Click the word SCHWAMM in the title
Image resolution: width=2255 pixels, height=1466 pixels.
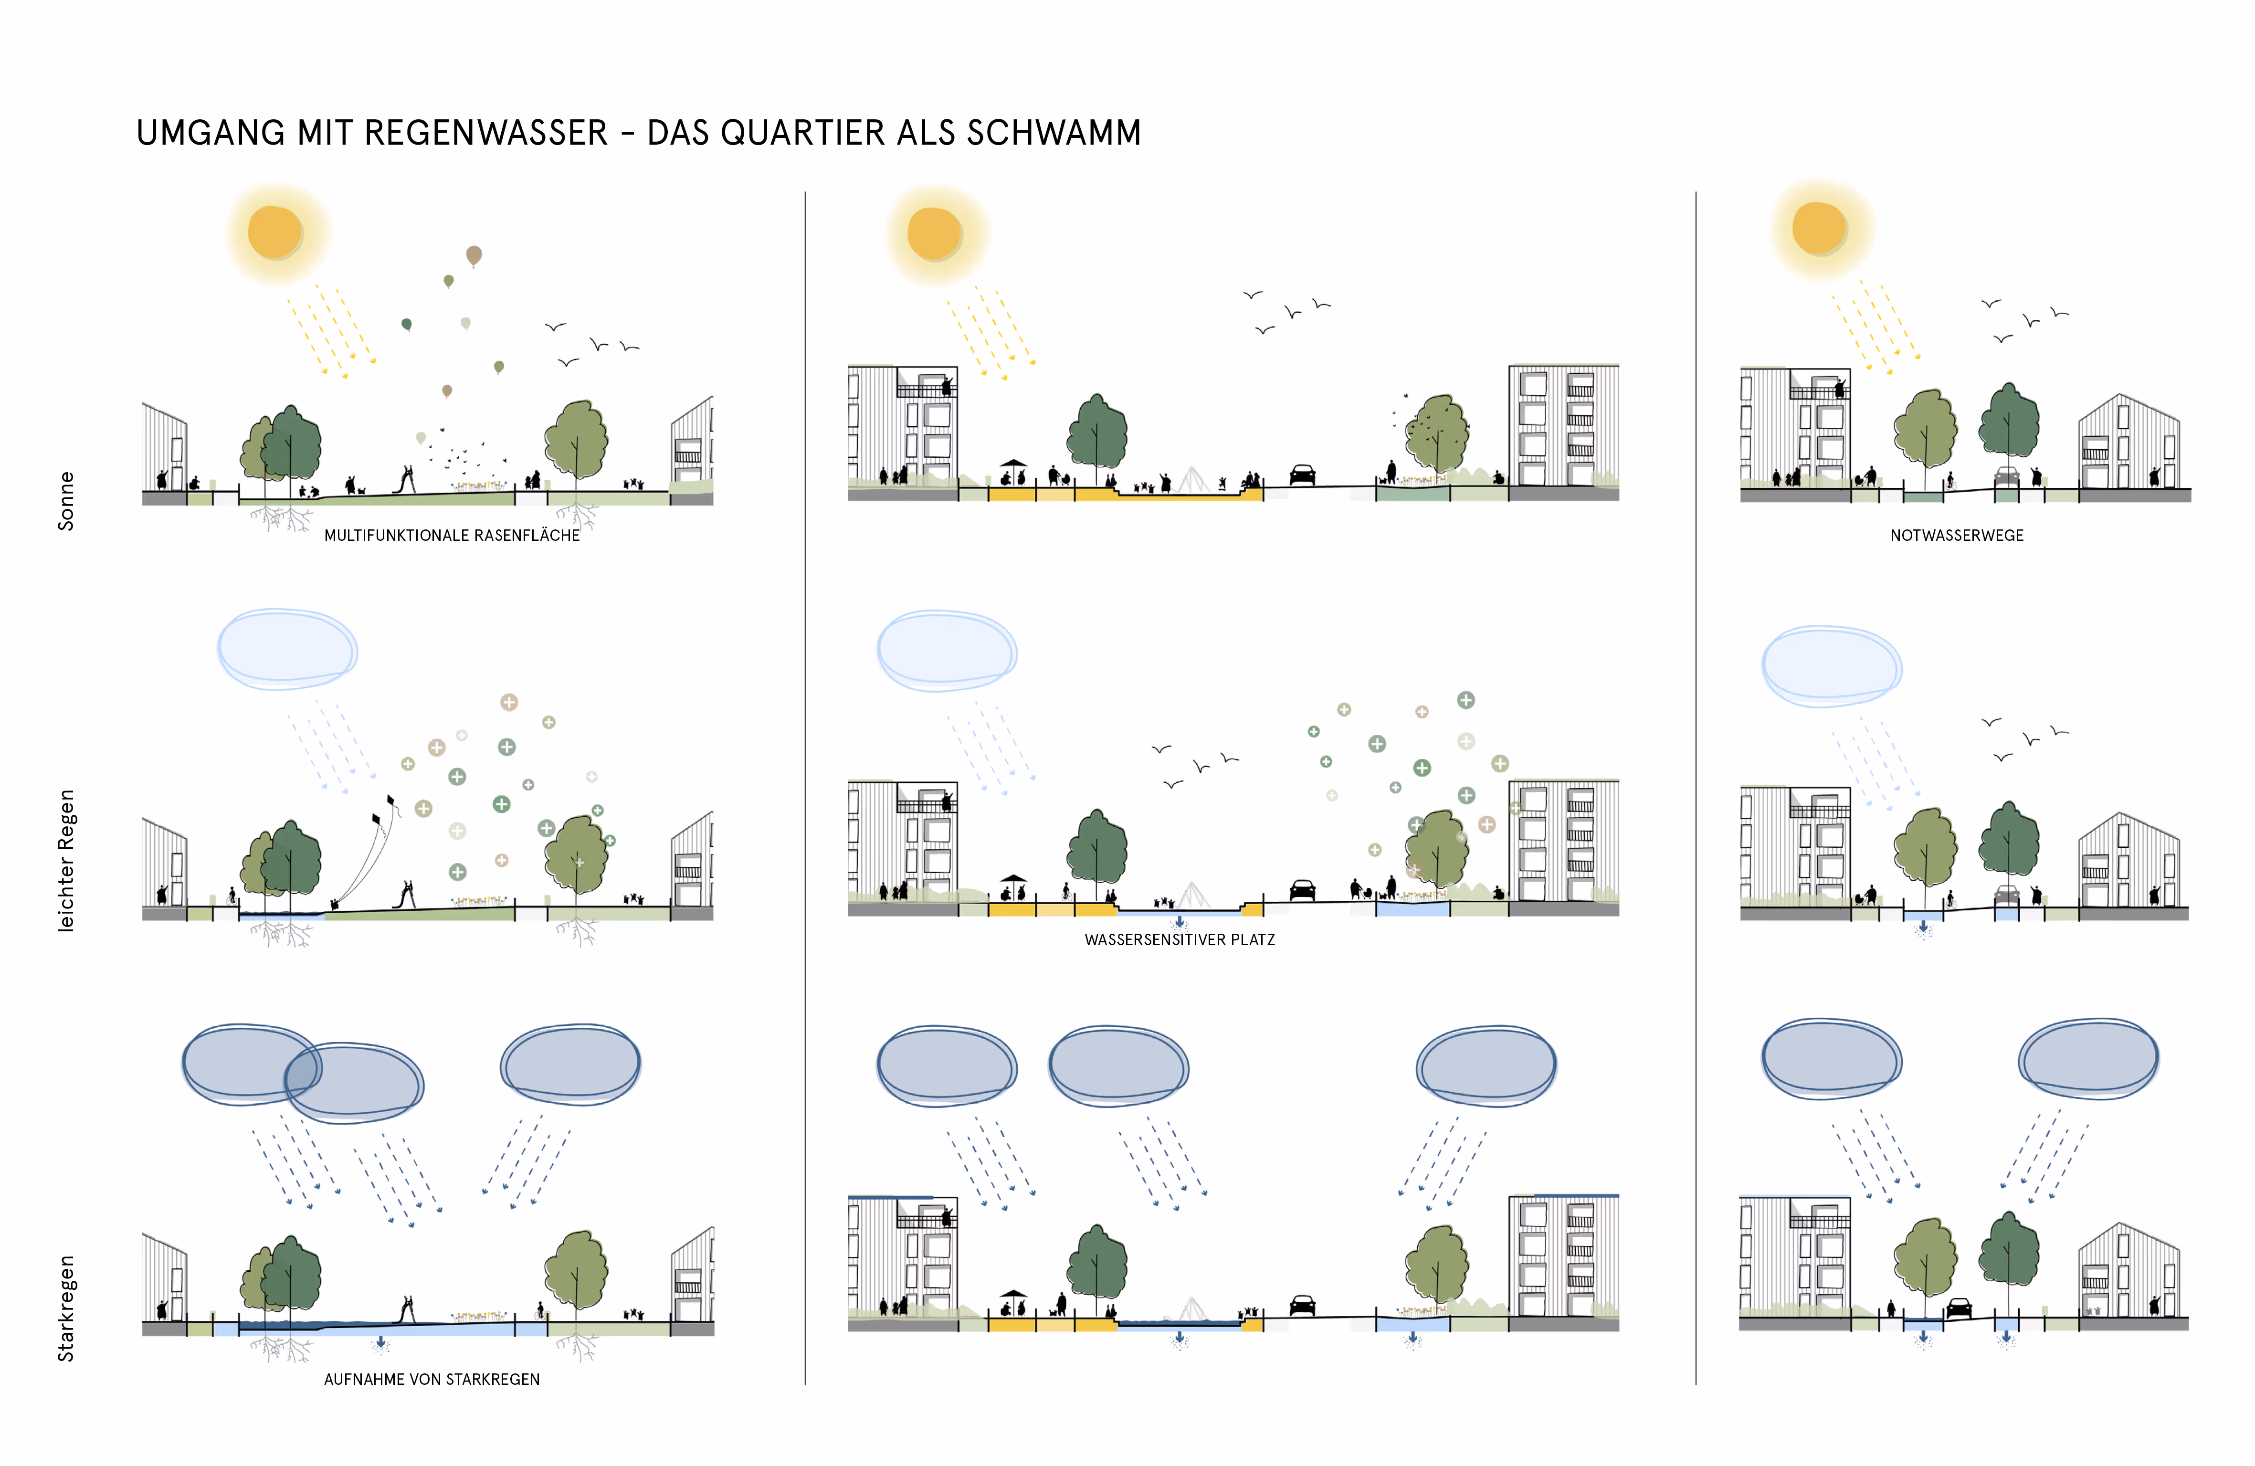tap(1054, 133)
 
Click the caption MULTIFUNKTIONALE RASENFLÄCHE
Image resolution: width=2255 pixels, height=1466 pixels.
tap(452, 536)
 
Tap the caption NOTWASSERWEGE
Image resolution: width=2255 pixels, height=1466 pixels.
tap(1957, 536)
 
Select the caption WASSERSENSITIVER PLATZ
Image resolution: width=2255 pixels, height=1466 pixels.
tap(1180, 940)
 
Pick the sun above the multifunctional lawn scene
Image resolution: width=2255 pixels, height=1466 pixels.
tap(275, 232)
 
